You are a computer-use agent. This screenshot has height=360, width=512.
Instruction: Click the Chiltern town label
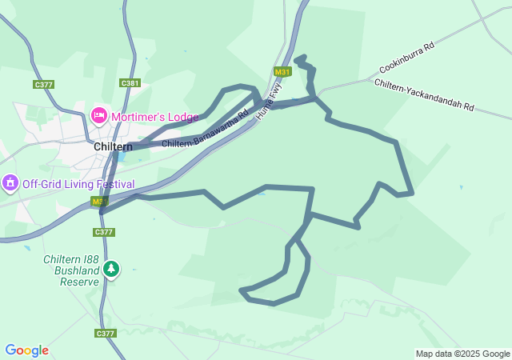pos(113,146)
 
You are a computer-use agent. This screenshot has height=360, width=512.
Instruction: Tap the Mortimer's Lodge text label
pos(154,117)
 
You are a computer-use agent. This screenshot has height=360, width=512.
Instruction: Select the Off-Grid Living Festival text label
pos(78,183)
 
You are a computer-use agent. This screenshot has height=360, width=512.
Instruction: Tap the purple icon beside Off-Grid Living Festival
pos(10,183)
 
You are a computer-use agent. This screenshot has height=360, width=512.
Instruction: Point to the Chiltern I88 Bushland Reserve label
pos(71,270)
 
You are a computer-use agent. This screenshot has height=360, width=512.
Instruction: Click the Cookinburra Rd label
pos(406,58)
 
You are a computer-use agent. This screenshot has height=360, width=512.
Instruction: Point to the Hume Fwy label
pos(269,102)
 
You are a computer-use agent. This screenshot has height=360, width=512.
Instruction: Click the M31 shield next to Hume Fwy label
pos(282,72)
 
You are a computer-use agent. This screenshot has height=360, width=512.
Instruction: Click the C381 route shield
pos(130,82)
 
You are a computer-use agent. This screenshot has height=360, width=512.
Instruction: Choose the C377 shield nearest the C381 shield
pos(44,84)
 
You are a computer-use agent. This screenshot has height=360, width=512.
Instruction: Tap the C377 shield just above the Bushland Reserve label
pos(104,232)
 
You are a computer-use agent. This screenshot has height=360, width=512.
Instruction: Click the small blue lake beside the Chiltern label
pos(119,156)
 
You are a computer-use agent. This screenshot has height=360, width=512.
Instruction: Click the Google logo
pos(26,350)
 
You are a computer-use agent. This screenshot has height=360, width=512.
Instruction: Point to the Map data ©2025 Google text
pos(462,354)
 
